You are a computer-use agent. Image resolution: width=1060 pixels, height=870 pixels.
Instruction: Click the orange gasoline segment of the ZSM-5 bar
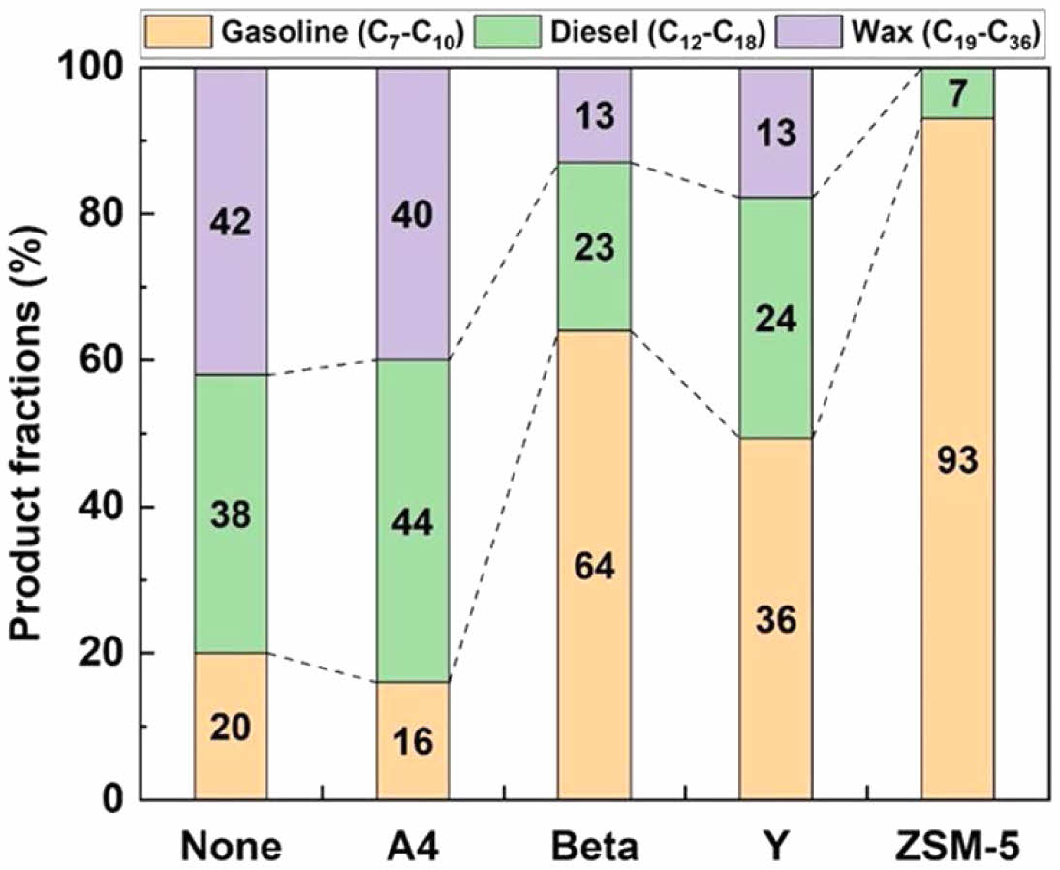pyautogui.click(x=957, y=581)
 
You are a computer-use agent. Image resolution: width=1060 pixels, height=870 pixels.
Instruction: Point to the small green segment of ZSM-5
pyautogui.click(x=957, y=93)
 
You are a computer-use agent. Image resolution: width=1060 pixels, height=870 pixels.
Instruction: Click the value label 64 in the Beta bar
pyautogui.click(x=594, y=565)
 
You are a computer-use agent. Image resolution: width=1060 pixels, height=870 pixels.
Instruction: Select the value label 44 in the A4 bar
pyautogui.click(x=413, y=522)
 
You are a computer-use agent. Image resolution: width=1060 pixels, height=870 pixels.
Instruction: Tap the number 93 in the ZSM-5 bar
pyautogui.click(x=957, y=461)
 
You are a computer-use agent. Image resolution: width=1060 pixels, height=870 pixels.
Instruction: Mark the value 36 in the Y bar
pyautogui.click(x=776, y=619)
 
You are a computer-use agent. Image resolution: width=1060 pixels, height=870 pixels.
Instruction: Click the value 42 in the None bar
pyautogui.click(x=231, y=222)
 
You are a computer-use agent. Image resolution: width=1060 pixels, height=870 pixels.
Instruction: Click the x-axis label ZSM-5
pyautogui.click(x=957, y=846)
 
